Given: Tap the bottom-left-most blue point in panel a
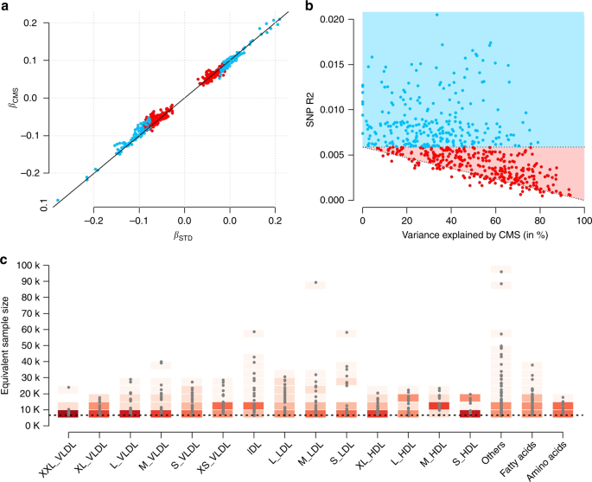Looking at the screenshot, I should pos(58,201).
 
